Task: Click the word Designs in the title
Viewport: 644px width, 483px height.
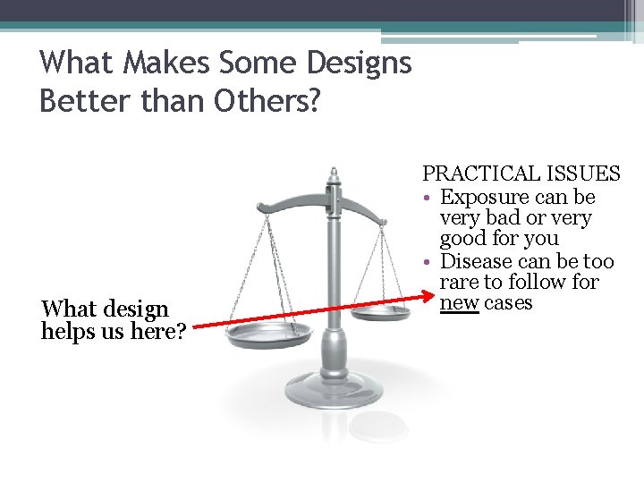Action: pos(358,63)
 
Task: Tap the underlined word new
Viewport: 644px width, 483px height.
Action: pos(459,302)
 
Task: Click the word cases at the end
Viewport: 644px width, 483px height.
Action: pos(508,302)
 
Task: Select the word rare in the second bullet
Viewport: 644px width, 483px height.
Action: pos(460,282)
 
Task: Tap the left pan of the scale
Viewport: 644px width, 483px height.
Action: pos(268,335)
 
